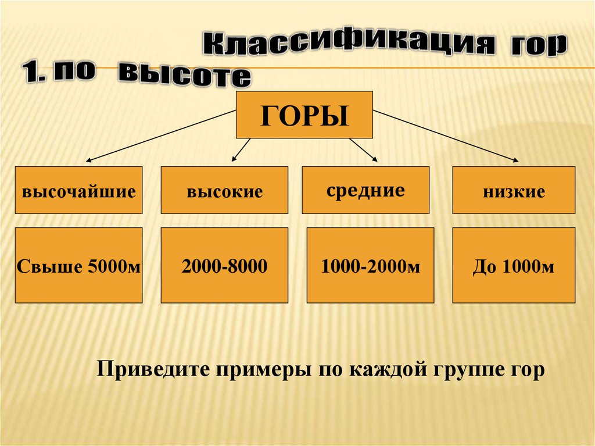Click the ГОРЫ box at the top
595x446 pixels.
coord(304,115)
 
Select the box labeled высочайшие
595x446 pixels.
coord(78,190)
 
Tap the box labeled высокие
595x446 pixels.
coord(224,190)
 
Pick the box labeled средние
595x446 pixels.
coord(365,190)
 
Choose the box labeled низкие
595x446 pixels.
coord(514,190)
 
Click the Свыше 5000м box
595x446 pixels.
coord(78,265)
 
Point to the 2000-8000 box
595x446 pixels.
coord(224,265)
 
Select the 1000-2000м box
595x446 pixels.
coord(370,265)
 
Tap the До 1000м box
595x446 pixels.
coord(514,265)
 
